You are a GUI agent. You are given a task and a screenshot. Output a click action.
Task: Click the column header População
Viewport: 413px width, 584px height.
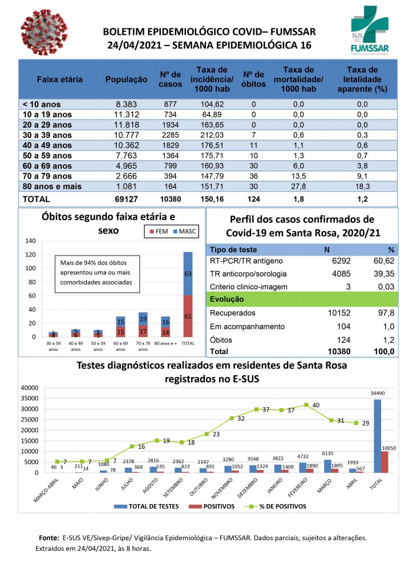pos(126,80)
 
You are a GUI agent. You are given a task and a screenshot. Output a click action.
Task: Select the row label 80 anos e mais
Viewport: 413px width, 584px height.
pos(52,186)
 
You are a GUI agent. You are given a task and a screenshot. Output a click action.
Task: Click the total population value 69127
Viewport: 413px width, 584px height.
pos(126,200)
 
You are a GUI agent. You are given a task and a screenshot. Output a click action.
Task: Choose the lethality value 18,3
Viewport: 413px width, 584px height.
pos(362,186)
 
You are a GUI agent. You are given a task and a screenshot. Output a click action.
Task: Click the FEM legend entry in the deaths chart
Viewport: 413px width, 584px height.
pos(158,232)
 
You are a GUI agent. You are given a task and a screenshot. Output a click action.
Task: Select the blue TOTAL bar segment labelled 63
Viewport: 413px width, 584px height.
pos(188,274)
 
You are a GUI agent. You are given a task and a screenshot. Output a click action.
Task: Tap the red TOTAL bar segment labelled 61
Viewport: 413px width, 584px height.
pos(188,316)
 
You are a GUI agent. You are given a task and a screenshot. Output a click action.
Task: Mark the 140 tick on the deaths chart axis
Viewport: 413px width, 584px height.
pos(30,241)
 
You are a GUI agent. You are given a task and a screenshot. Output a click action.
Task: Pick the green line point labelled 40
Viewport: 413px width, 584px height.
pos(306,405)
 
